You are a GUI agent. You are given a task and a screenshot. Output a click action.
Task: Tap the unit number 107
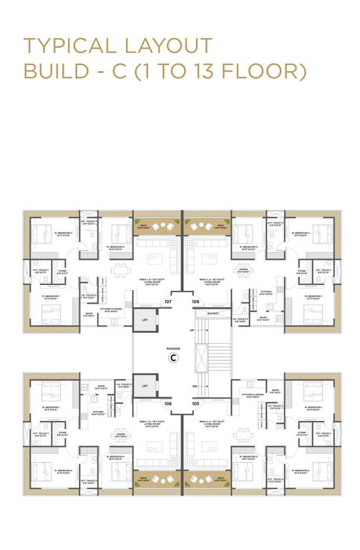[168, 302]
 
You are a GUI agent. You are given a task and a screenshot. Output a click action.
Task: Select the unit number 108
[195, 302]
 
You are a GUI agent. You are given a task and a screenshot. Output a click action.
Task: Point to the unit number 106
[168, 404]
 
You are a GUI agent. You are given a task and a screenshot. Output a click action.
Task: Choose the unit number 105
[195, 404]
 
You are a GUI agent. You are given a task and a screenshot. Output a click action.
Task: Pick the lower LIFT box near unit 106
[145, 385]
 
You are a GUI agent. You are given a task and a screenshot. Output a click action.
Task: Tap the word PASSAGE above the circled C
[172, 347]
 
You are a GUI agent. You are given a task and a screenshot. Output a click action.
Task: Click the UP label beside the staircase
[191, 330]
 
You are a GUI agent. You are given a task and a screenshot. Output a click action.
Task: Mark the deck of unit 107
[156, 226]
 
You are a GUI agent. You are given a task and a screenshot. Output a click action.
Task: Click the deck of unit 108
[206, 226]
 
